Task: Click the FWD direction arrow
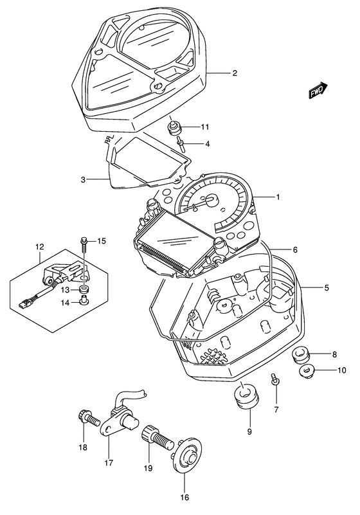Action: [x=318, y=92]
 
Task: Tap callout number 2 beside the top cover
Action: [x=235, y=73]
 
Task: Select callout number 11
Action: [x=205, y=126]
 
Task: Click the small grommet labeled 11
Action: [x=174, y=128]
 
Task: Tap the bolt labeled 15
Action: [x=83, y=243]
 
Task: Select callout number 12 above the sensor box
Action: [x=39, y=247]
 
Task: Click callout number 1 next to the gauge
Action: [x=278, y=198]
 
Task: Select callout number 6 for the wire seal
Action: [x=294, y=249]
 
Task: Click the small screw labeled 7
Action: [x=275, y=381]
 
